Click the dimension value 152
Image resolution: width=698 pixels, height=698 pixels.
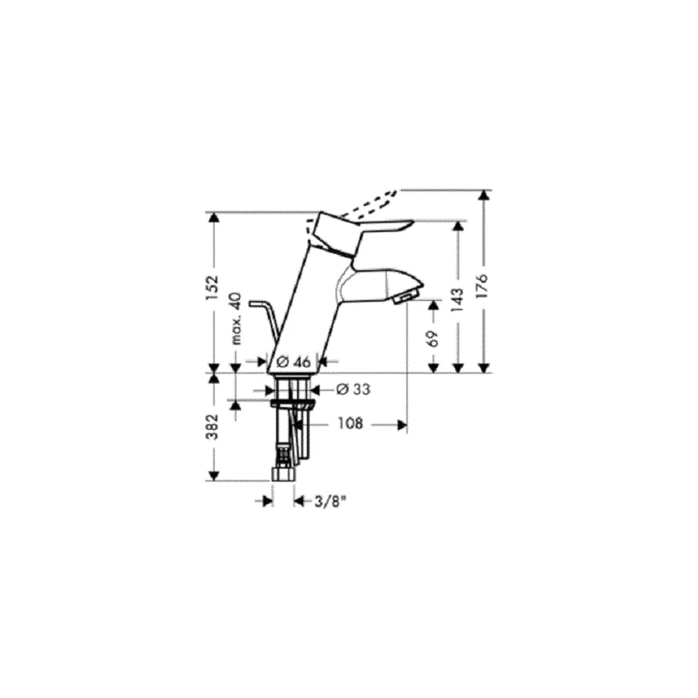[x=213, y=287]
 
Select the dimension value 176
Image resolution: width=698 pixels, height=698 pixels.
[x=482, y=285]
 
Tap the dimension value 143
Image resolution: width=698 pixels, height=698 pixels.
[x=457, y=300]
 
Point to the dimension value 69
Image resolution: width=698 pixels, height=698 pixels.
[x=433, y=339]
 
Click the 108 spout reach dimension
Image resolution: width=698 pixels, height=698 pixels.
[x=350, y=424]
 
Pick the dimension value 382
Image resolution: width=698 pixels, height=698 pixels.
[x=213, y=426]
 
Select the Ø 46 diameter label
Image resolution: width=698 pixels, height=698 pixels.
[x=293, y=362]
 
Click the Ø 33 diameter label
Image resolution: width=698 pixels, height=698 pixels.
[x=353, y=389]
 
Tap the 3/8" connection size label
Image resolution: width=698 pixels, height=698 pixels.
[x=330, y=502]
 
